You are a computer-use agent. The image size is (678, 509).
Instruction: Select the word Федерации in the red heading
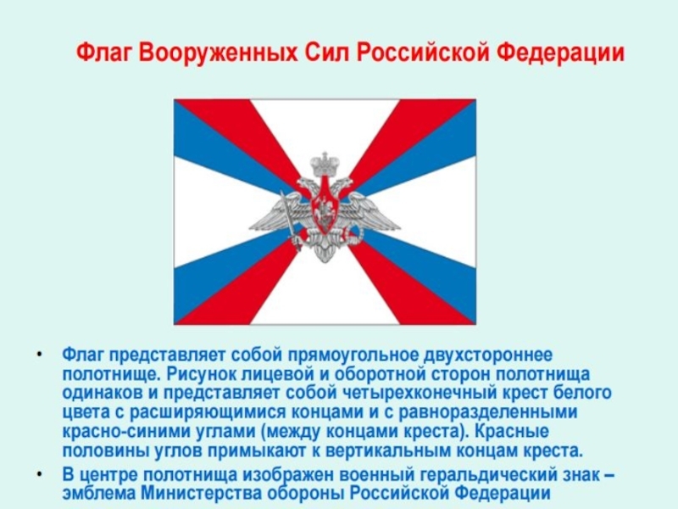[560, 53]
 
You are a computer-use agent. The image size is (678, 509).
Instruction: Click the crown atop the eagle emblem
[325, 163]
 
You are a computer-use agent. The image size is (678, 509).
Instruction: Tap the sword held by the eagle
[291, 220]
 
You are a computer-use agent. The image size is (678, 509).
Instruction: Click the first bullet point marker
[40, 355]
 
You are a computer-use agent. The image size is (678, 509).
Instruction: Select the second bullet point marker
[40, 475]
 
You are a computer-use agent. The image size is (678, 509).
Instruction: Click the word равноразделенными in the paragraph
[487, 412]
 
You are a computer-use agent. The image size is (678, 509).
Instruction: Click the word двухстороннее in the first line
[488, 355]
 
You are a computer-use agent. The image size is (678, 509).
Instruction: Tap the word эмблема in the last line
[100, 494]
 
